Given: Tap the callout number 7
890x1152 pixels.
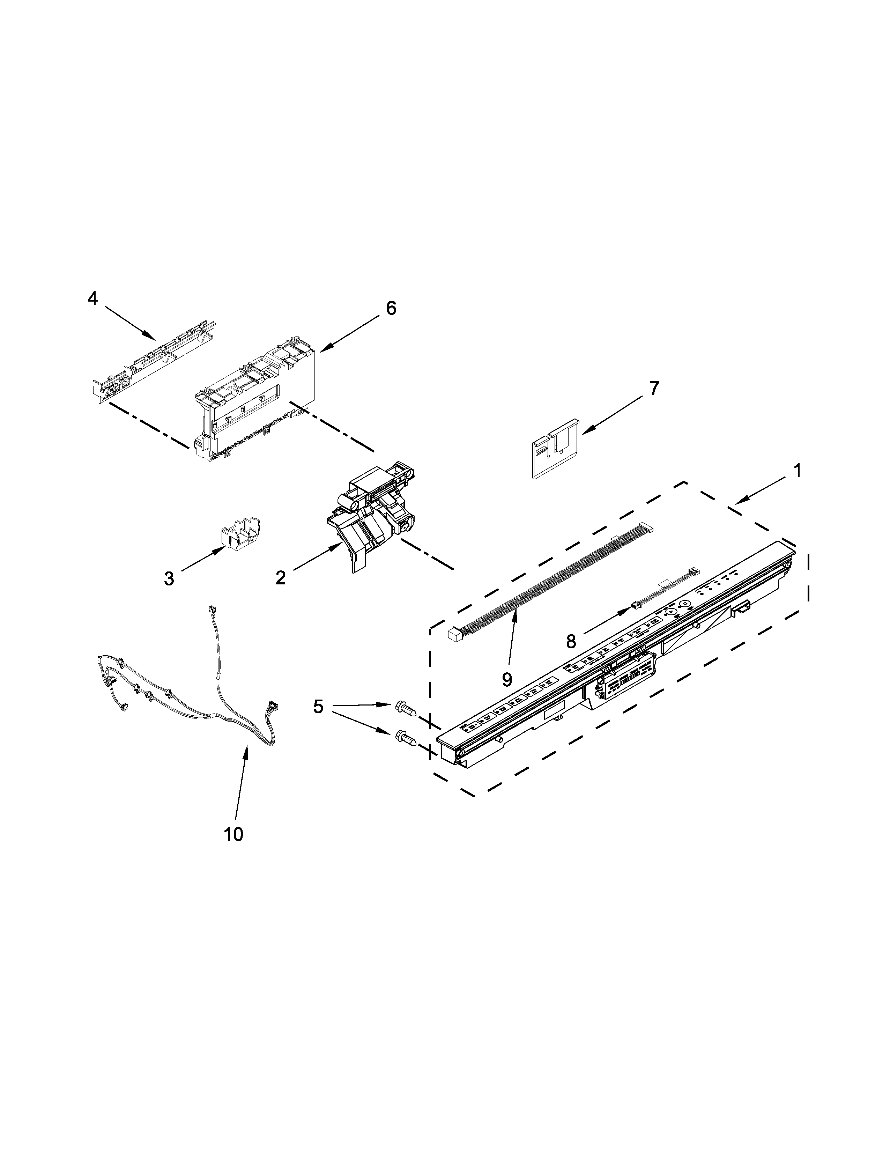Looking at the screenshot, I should [653, 389].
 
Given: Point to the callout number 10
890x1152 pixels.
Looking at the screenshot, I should [233, 834].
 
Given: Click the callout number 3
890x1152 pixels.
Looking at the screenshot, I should [168, 579].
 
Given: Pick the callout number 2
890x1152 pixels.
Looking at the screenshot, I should [281, 578].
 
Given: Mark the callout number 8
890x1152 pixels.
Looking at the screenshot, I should [571, 641].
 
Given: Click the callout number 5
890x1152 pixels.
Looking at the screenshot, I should [318, 707].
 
